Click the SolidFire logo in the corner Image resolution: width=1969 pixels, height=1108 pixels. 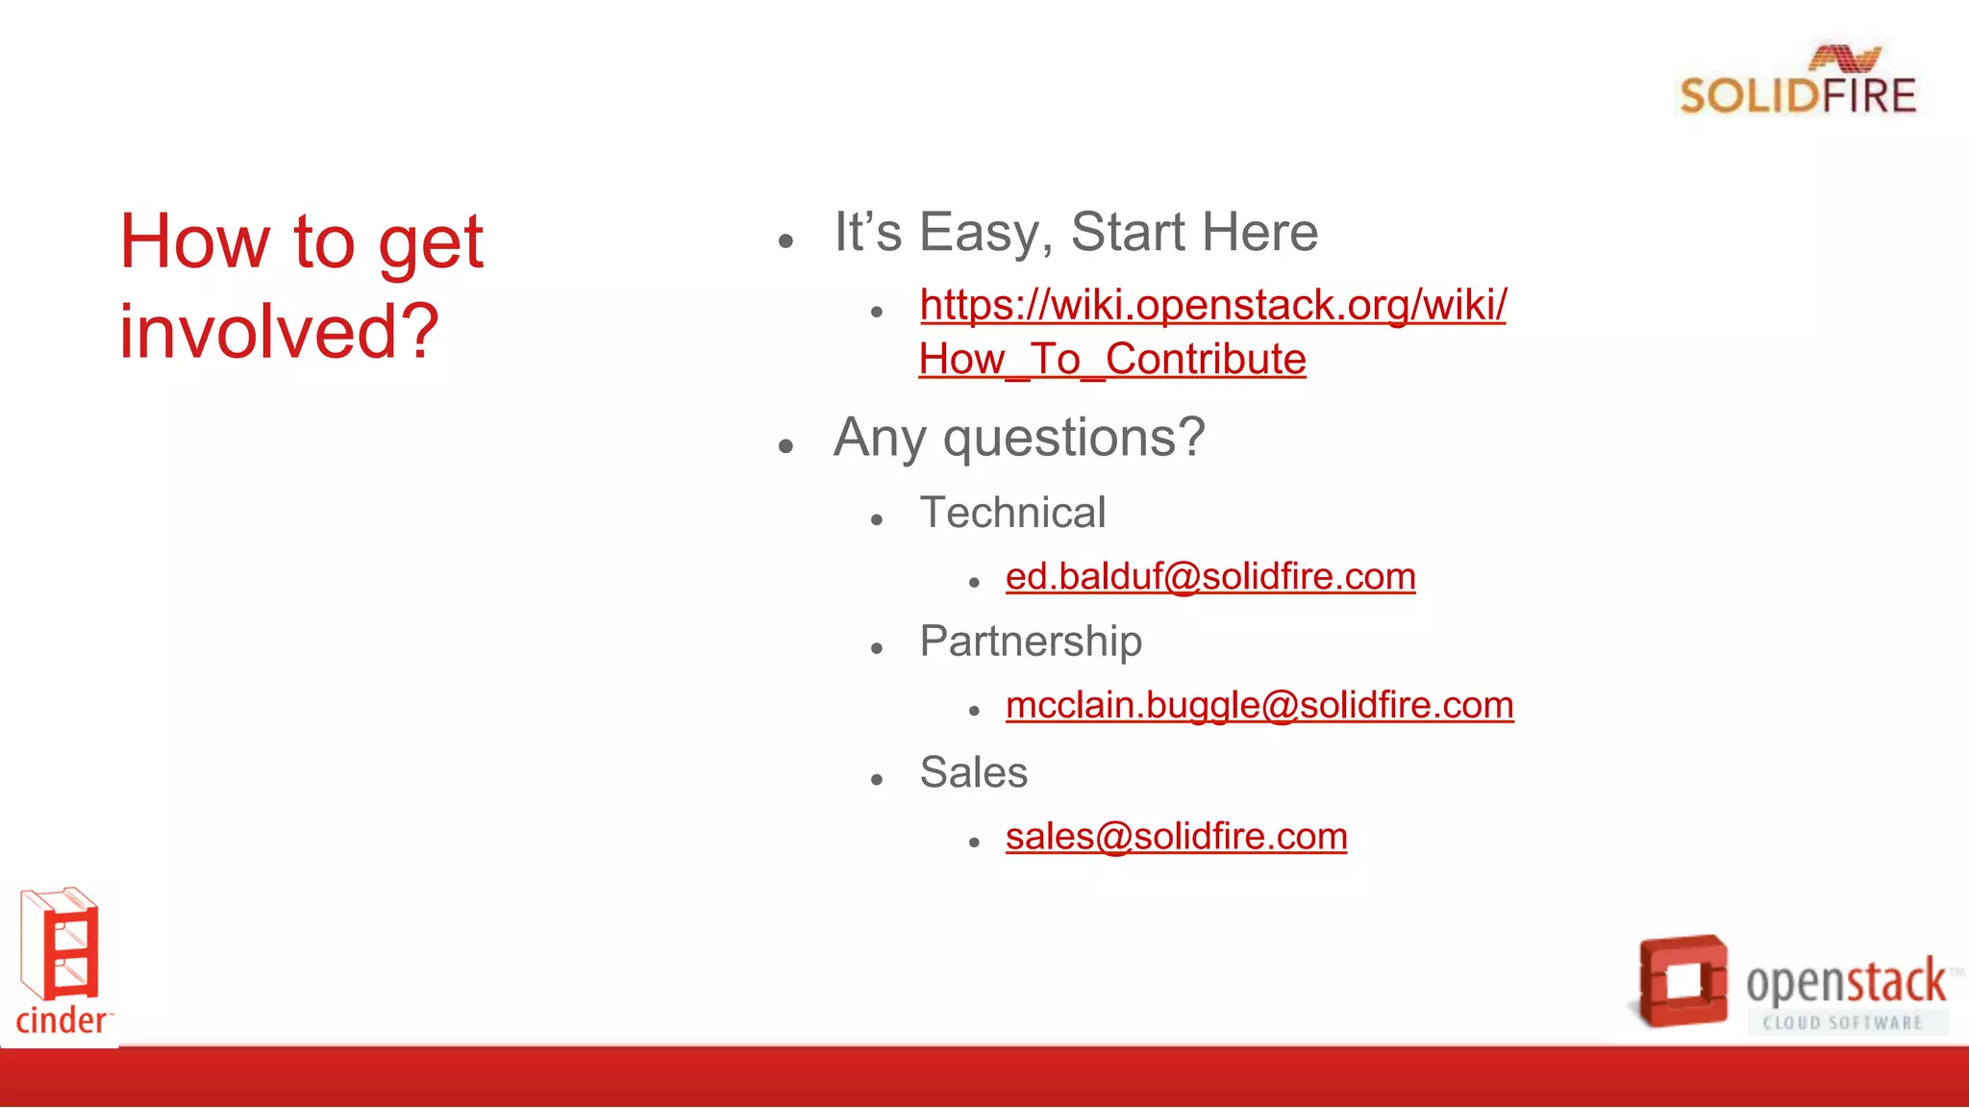pos(1797,83)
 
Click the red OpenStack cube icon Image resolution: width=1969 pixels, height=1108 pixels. pos(1682,980)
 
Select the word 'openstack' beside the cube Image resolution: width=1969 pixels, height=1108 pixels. pos(1845,982)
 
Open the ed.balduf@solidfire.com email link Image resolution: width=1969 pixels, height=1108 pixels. pos(1209,577)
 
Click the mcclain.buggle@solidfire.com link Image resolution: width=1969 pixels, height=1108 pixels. pos(1259,706)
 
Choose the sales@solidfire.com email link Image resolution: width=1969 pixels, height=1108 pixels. pos(1176,837)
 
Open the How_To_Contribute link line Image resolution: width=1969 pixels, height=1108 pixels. pos(1111,360)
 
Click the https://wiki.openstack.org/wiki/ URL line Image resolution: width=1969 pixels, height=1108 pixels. pos(1212,306)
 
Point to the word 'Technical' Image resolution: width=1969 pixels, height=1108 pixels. pos(1011,513)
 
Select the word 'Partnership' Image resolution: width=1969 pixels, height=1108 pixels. pos(1030,642)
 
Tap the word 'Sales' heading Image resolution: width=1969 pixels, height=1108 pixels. pos(973,772)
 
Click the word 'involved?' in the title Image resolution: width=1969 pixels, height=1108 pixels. pos(279,332)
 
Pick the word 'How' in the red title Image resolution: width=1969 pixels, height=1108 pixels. pos(195,242)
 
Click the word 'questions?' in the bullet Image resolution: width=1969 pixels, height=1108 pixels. pos(1073,439)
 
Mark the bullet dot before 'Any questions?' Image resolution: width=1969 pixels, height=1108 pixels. pos(786,446)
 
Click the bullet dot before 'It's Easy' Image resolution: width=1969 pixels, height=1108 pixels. pos(786,241)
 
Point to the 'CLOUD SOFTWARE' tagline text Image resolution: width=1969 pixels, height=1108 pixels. pos(1841,1023)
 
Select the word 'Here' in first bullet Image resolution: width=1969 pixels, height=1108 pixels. pos(1259,233)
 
